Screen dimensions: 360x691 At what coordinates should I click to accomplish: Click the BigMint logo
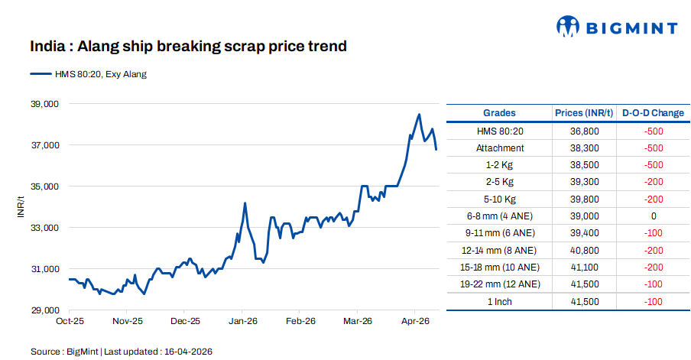[x=615, y=28]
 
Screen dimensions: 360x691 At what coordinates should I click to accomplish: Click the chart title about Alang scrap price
[x=188, y=47]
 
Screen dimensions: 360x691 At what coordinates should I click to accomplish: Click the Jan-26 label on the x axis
[x=242, y=322]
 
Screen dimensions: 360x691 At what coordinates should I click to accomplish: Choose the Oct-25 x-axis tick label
[x=70, y=322]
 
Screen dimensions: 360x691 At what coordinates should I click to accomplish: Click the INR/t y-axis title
[x=21, y=206]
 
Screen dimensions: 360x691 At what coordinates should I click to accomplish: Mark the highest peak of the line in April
[x=419, y=115]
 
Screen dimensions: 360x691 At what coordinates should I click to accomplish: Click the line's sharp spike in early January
[x=245, y=203]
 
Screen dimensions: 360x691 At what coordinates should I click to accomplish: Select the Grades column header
[x=499, y=113]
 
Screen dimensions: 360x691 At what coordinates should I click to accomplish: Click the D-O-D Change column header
[x=653, y=113]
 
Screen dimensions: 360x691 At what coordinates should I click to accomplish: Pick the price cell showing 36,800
[x=584, y=131]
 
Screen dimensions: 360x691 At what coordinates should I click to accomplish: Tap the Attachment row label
[x=500, y=148]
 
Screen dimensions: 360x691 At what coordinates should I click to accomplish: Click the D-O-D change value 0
[x=653, y=216]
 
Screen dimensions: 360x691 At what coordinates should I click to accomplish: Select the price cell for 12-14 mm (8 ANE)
[x=584, y=250]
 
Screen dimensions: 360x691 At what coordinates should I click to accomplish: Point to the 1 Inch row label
[x=500, y=301]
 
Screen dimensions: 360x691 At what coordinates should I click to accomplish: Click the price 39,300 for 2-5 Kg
[x=584, y=182]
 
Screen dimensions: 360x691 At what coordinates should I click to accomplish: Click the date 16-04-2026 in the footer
[x=187, y=352]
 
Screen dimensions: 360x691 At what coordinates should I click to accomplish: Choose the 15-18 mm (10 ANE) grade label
[x=500, y=268]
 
